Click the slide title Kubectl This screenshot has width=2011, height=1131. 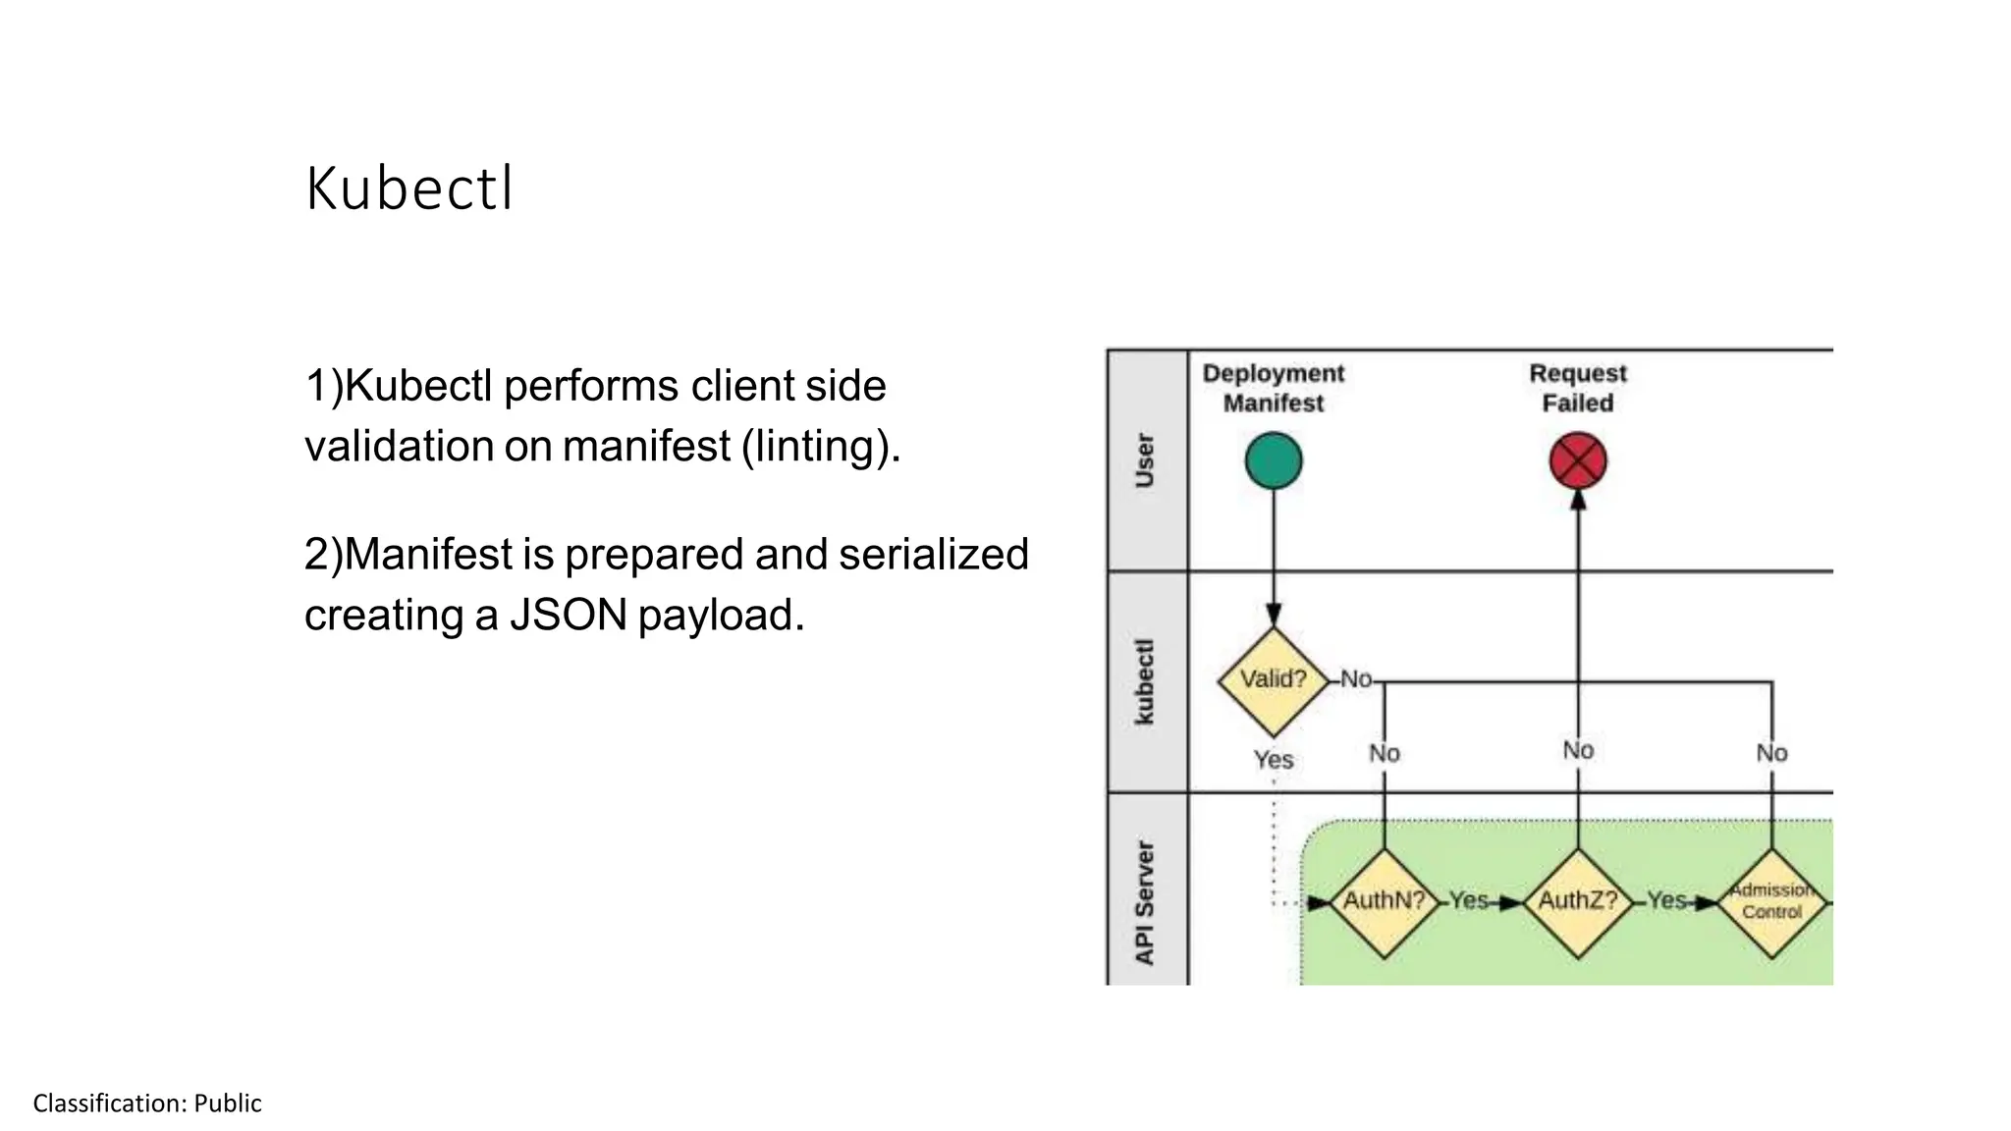[408, 188]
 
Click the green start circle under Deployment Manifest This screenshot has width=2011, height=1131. [1274, 461]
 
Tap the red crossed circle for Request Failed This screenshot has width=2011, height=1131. [1578, 461]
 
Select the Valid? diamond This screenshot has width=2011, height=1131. [1274, 679]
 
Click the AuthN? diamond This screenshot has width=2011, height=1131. [1384, 901]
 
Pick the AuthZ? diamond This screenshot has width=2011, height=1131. [1578, 901]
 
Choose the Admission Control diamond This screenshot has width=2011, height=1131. [1771, 901]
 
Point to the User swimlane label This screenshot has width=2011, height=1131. [1145, 459]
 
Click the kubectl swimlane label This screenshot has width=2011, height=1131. [1145, 681]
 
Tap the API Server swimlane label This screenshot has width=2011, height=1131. [1145, 901]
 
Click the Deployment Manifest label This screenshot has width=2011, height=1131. [1274, 388]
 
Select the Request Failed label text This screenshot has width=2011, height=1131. [1578, 388]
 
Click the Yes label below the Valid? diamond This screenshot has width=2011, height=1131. [1274, 760]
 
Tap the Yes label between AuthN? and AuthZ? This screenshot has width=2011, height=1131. [1469, 900]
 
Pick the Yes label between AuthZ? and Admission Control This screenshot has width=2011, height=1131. [1666, 900]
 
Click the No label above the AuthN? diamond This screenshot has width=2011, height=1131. [1385, 753]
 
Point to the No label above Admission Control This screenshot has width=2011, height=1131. [1771, 753]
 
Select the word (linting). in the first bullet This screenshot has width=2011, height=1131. [821, 447]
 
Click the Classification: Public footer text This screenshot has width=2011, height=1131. [147, 1104]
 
